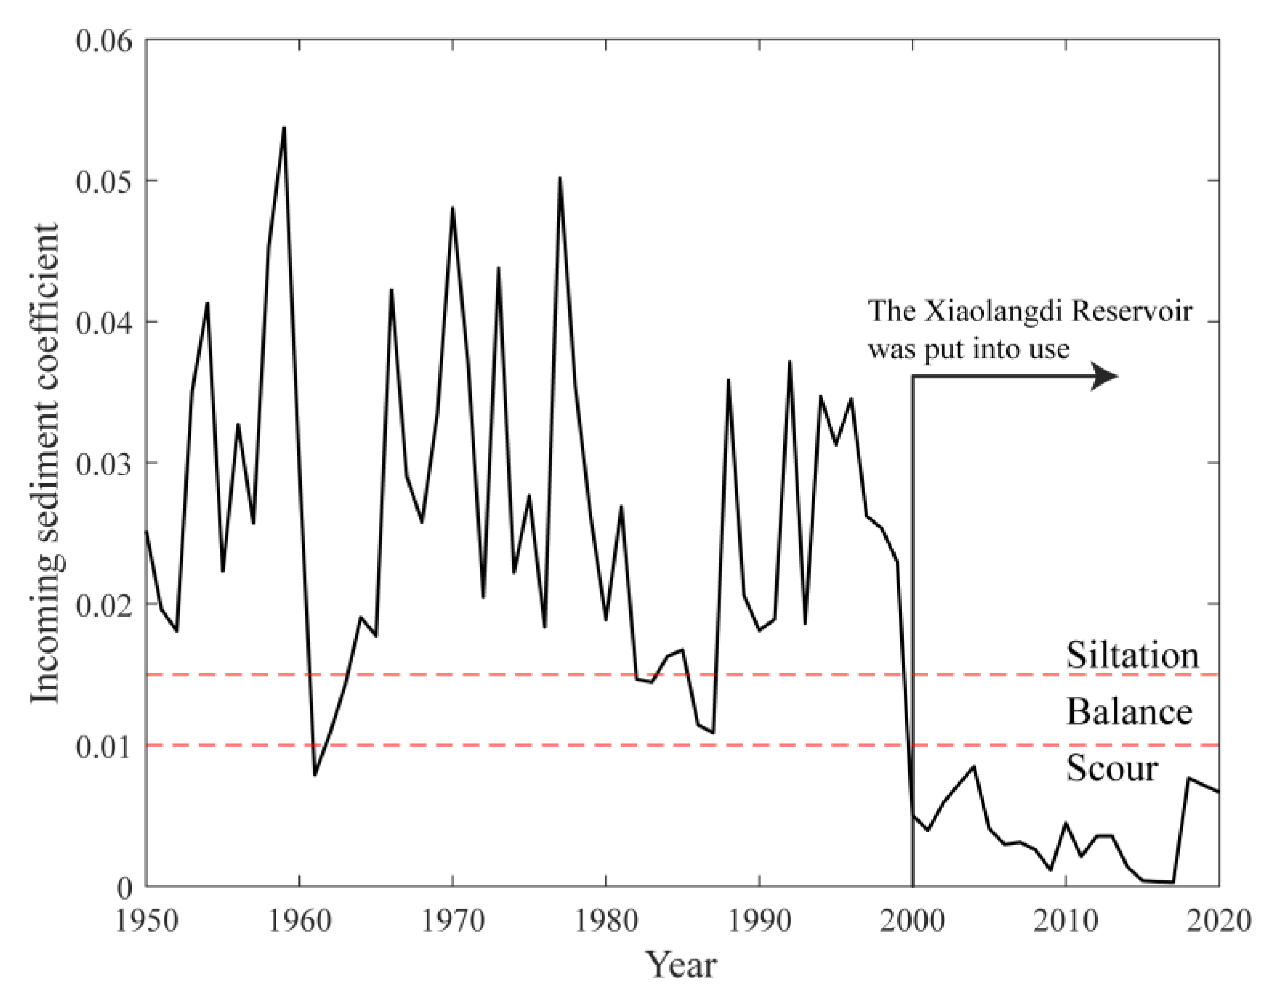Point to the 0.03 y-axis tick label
coord(104,464)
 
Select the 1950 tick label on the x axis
coord(146,920)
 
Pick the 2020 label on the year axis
coord(1218,920)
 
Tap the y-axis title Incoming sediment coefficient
coord(45,463)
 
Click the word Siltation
coord(1132,655)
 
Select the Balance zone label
coord(1129,712)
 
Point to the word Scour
coord(1112,768)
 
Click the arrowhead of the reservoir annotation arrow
coord(1106,377)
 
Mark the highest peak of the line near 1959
coord(284,127)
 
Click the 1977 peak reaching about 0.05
coord(560,178)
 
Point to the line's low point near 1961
coord(314,775)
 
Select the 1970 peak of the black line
coord(453,208)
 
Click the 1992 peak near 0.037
coord(790,362)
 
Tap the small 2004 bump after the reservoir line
coord(974,766)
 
